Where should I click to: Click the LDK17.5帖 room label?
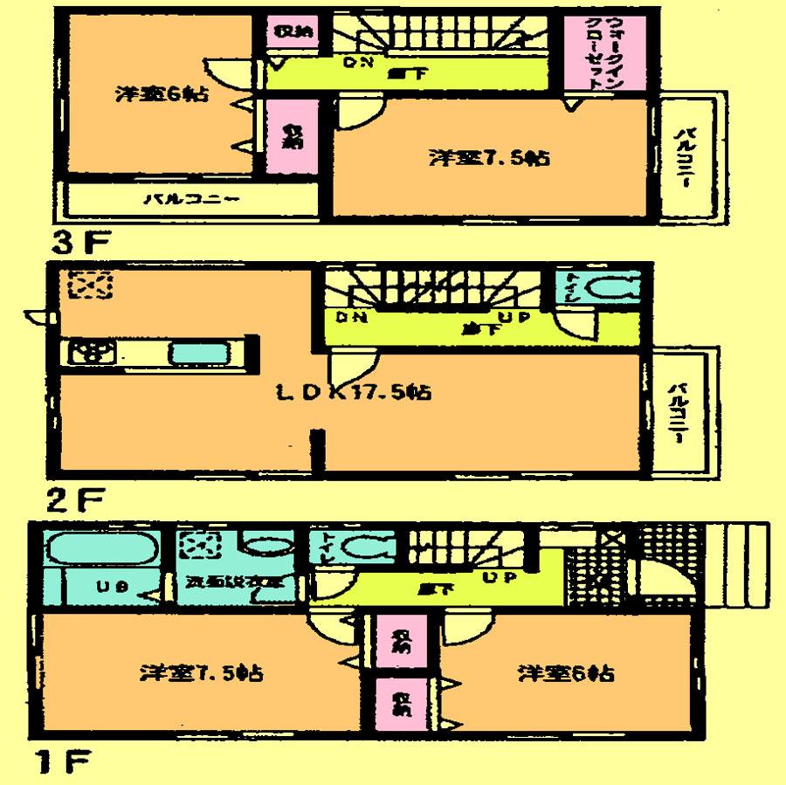(354, 394)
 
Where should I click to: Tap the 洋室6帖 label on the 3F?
(162, 94)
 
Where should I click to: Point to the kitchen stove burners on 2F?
(91, 353)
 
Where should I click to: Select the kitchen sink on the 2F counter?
(200, 355)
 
